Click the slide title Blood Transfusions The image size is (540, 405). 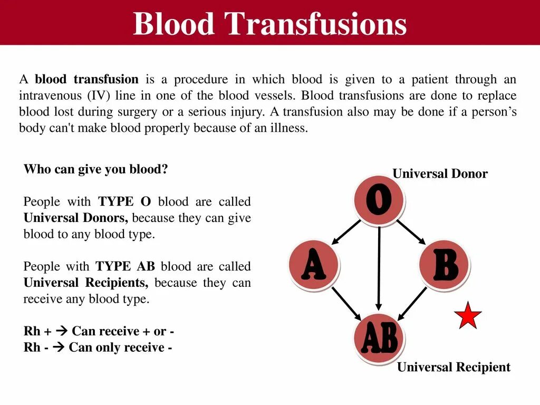269,24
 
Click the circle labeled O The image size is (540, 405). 379,201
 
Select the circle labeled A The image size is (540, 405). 314,265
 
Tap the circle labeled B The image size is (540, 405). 443,265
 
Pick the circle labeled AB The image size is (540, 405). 379,339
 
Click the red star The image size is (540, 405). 468,316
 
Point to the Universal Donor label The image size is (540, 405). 440,174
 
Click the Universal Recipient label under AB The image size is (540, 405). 454,367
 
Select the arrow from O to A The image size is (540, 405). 346,232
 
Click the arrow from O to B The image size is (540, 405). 411,232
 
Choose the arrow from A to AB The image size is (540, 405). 346,303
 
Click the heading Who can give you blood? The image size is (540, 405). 95,169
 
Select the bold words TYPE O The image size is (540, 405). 123,202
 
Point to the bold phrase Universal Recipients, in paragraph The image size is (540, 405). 86,283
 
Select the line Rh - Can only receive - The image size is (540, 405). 98,348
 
